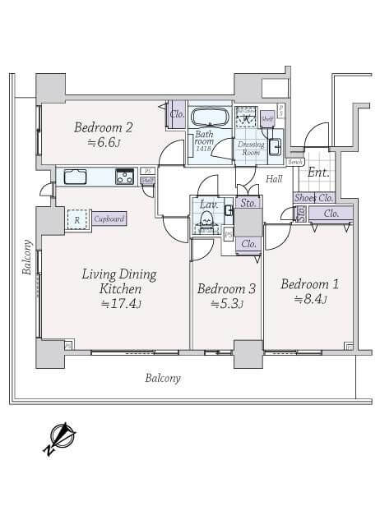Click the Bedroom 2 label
tap(104, 127)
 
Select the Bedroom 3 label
tap(227, 288)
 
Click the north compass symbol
tap(60, 436)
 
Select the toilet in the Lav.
tap(206, 220)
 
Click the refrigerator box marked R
tap(77, 219)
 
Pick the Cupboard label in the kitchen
tap(109, 219)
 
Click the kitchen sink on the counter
tap(75, 176)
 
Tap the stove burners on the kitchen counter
tap(124, 176)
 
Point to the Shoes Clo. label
tap(313, 197)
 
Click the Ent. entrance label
tap(317, 172)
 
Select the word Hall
tap(274, 177)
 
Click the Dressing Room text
tap(250, 148)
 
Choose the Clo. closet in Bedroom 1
tap(331, 214)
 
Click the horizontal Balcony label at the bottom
tap(163, 379)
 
